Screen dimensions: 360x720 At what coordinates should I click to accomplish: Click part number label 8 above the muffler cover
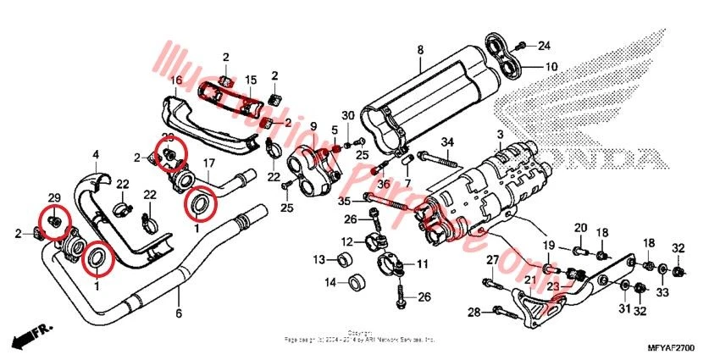[x=418, y=52]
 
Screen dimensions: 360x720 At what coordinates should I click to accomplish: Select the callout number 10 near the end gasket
[x=551, y=66]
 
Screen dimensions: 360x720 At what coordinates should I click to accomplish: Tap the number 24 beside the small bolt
[x=544, y=45]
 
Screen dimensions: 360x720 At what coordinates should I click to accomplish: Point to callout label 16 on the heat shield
[x=176, y=81]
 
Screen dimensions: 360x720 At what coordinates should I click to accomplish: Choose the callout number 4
[x=96, y=155]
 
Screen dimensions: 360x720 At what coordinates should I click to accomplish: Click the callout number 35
[x=343, y=201]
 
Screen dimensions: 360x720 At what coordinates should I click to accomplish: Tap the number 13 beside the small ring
[x=318, y=259]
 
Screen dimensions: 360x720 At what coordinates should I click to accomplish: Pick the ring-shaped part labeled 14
[x=356, y=281]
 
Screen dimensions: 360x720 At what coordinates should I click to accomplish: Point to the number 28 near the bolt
[x=474, y=313]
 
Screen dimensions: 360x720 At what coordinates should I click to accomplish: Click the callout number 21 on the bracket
[x=529, y=280]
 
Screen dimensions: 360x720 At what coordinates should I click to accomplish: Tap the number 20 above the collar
[x=580, y=228]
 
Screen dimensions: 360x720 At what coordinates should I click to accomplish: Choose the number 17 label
[x=208, y=163]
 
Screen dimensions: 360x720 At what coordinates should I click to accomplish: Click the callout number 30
[x=347, y=115]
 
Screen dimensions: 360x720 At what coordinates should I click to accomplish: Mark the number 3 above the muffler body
[x=501, y=136]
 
